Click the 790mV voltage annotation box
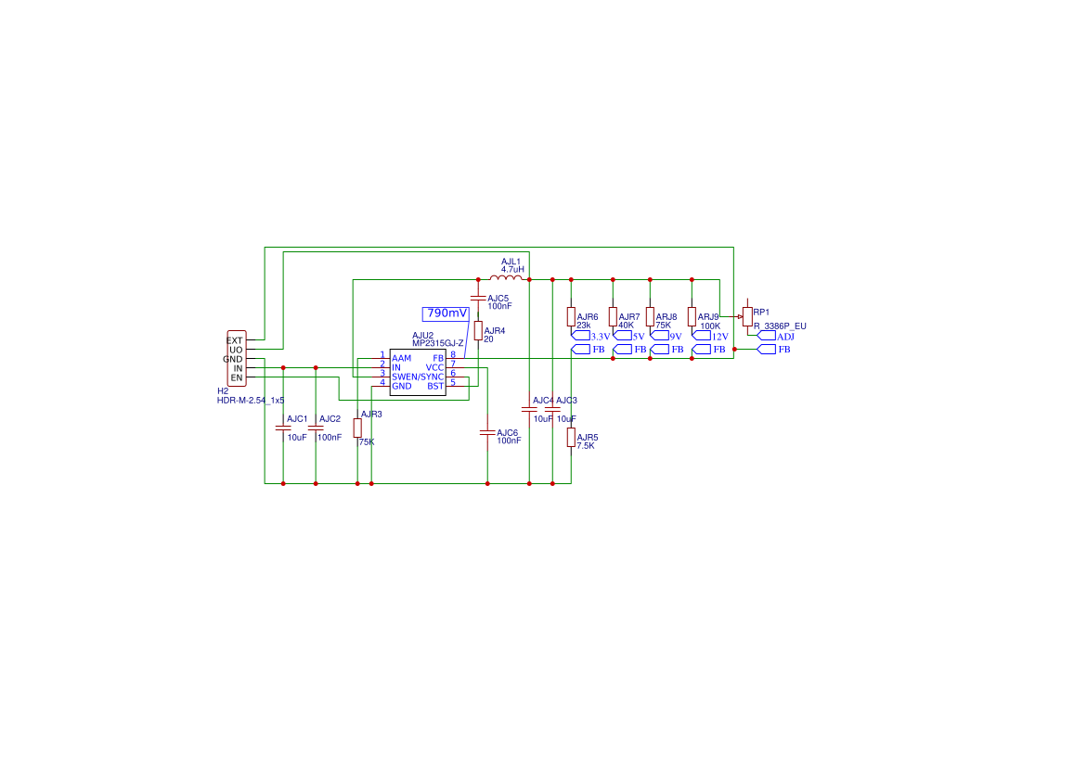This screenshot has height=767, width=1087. click(446, 313)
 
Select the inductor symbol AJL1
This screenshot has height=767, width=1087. click(506, 278)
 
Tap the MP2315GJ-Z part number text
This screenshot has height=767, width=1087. click(438, 343)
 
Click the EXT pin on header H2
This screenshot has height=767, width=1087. click(235, 340)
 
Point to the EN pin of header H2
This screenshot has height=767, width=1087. click(236, 377)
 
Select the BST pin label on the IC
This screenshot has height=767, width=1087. click(435, 386)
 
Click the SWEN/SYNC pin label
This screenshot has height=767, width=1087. click(418, 377)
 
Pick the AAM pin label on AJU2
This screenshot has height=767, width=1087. click(401, 358)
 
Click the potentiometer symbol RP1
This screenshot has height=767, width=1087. click(747, 316)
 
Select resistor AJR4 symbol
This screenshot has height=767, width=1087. click(478, 330)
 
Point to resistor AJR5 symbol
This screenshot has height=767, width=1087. click(571, 437)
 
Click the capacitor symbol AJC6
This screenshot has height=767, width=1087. click(487, 432)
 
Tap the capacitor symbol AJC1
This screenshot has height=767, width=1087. click(283, 428)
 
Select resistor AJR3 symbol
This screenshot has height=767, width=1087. click(357, 428)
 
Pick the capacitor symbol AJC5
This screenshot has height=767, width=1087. click(478, 298)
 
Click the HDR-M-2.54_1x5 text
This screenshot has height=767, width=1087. click(250, 400)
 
